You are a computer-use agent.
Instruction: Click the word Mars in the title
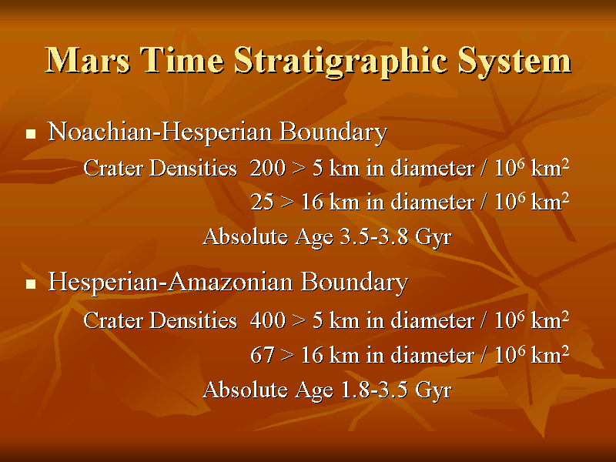point(88,60)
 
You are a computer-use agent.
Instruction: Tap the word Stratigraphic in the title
point(341,63)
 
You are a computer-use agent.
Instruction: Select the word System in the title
point(514,62)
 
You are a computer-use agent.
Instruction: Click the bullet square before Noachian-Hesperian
point(31,134)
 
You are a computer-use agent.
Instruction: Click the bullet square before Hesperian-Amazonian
point(31,283)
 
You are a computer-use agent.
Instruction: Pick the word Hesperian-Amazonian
point(170,282)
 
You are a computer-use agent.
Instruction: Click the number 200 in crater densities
point(267,168)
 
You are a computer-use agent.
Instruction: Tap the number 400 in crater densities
point(267,320)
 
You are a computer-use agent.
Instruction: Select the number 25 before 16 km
point(262,203)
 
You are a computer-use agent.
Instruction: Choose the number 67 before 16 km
point(262,355)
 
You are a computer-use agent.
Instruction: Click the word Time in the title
point(182,60)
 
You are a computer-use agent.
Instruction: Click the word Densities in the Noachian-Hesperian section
point(193,168)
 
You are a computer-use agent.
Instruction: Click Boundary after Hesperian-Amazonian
point(354,283)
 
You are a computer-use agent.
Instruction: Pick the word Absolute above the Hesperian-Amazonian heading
point(245,236)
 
